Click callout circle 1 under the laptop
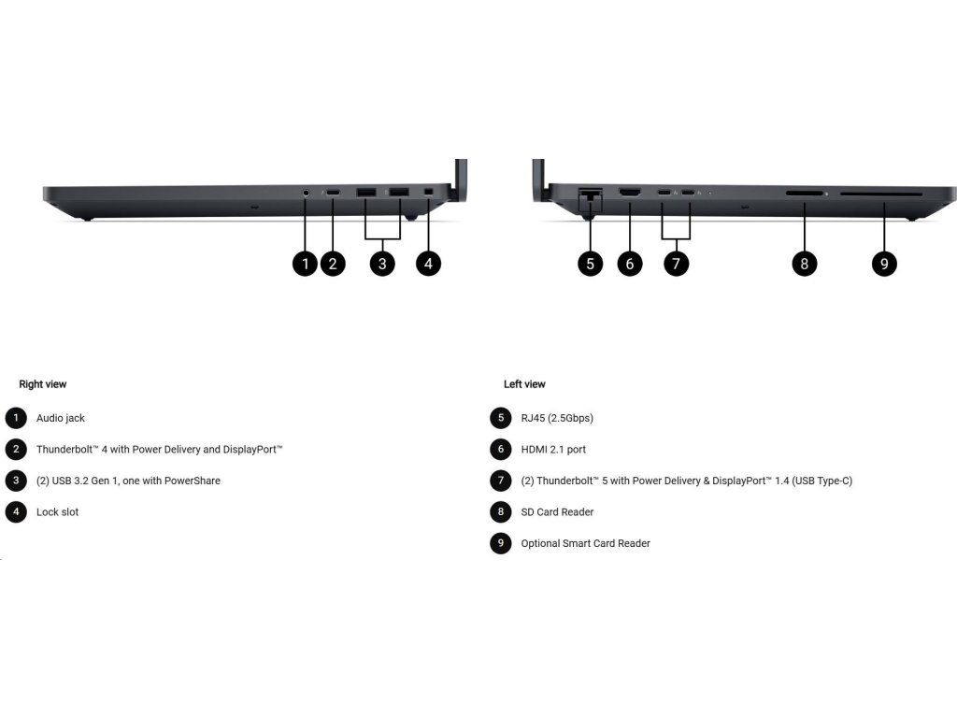tap(305, 264)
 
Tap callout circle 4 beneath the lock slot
tap(427, 264)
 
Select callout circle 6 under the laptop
tap(630, 264)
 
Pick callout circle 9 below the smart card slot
tap(884, 264)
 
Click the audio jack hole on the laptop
tap(307, 193)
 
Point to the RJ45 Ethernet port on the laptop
tap(591, 195)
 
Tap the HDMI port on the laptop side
tap(630, 194)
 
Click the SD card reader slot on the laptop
tap(804, 194)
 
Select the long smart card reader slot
tap(880, 194)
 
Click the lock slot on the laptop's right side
tap(428, 193)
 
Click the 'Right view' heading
tap(43, 384)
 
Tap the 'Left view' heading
tap(524, 384)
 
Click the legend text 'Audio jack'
tap(61, 418)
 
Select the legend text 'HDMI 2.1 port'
tap(553, 450)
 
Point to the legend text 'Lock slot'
tap(58, 512)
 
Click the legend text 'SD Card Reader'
tap(557, 512)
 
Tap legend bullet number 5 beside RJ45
tap(501, 418)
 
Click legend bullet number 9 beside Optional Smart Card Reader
tap(501, 543)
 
